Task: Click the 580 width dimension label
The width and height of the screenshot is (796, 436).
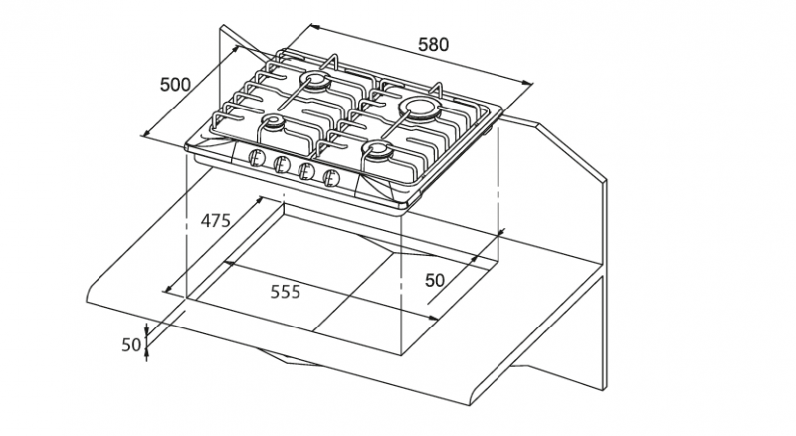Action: coord(433,44)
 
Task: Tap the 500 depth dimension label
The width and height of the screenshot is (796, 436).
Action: coord(176,84)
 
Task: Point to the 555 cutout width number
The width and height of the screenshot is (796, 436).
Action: coord(285,292)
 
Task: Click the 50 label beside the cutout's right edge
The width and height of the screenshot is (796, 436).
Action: coord(435,281)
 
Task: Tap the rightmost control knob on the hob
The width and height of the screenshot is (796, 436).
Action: coord(331,177)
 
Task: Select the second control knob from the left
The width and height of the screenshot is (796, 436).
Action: coord(281,165)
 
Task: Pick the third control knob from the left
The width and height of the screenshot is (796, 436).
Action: coord(306,171)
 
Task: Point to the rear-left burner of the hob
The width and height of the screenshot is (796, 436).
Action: coord(318,82)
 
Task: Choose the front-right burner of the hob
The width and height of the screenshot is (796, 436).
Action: coord(379,150)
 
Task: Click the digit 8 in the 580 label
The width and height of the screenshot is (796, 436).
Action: coord(433,44)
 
